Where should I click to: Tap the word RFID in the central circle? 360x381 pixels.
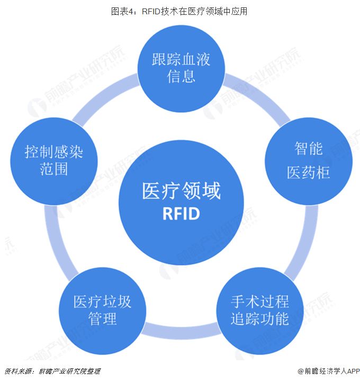point(181,214)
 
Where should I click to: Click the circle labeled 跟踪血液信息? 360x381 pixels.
point(181,66)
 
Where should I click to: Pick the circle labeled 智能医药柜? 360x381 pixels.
point(308,160)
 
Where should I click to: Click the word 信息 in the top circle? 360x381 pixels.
point(181,76)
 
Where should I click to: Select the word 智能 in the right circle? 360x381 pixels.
point(308,148)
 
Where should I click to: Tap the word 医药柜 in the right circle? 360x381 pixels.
point(308,172)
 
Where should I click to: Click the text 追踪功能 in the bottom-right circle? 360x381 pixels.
point(259,319)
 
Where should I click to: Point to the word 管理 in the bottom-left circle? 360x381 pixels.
point(102,320)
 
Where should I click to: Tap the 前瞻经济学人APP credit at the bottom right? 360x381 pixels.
point(328,371)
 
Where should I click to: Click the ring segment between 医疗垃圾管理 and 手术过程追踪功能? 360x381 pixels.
point(181,332)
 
